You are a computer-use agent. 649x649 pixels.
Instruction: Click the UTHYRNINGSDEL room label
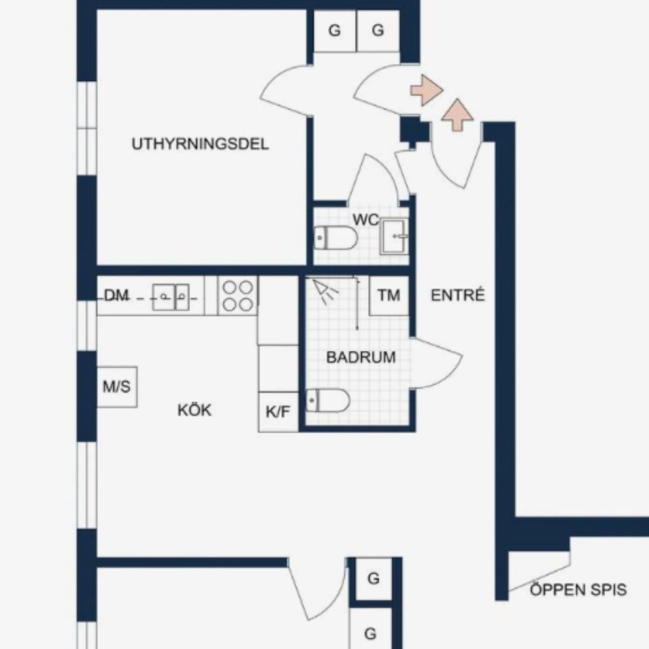pyautogui.click(x=200, y=144)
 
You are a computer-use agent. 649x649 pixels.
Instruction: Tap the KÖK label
pyautogui.click(x=194, y=410)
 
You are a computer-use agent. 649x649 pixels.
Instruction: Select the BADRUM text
pyautogui.click(x=361, y=357)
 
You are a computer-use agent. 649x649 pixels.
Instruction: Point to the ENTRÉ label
pyautogui.click(x=458, y=295)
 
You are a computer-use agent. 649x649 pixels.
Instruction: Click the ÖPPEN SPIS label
pyautogui.click(x=578, y=590)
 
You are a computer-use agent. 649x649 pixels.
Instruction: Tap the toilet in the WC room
pyautogui.click(x=335, y=238)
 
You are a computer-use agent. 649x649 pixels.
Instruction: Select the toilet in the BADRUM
pyautogui.click(x=328, y=400)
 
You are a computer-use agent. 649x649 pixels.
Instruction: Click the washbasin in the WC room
pyautogui.click(x=394, y=236)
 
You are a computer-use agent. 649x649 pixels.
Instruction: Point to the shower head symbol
pyautogui.click(x=325, y=290)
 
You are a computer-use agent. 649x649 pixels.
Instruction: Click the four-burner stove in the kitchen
pyautogui.click(x=238, y=296)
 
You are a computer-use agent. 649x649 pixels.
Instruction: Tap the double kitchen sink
pyautogui.click(x=171, y=297)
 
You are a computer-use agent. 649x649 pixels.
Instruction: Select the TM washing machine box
pyautogui.click(x=389, y=296)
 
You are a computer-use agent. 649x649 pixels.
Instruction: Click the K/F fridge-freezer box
pyautogui.click(x=278, y=412)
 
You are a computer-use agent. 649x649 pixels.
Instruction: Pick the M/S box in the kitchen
pyautogui.click(x=117, y=387)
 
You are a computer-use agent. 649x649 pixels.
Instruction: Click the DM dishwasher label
pyautogui.click(x=116, y=296)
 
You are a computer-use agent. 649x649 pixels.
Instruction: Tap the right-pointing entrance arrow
pyautogui.click(x=426, y=90)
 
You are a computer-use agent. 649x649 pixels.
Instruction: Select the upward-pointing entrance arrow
pyautogui.click(x=458, y=115)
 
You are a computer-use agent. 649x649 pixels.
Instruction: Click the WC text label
pyautogui.click(x=366, y=220)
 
